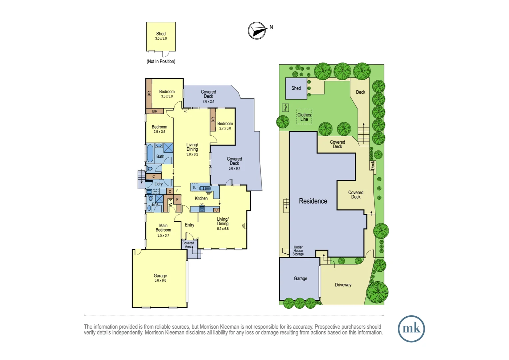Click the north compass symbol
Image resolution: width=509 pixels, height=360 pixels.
pyautogui.click(x=257, y=31)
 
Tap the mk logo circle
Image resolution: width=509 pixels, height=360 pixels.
pyautogui.click(x=411, y=329)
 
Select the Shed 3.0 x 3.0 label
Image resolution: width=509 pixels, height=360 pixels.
pyautogui.click(x=161, y=36)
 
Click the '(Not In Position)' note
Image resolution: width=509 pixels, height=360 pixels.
pyautogui.click(x=161, y=61)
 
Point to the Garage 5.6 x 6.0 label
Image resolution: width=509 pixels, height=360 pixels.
pyautogui.click(x=160, y=278)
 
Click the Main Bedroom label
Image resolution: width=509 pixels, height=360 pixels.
pyautogui.click(x=163, y=230)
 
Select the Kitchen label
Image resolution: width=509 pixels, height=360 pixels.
pyautogui.click(x=201, y=198)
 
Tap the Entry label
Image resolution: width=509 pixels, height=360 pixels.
pyautogui.click(x=190, y=225)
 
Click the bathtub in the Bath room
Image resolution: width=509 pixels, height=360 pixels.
pyautogui.click(x=150, y=153)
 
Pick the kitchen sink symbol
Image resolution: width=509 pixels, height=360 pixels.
pyautogui.click(x=205, y=188)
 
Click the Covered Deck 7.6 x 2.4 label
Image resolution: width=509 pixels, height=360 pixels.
pyautogui.click(x=209, y=96)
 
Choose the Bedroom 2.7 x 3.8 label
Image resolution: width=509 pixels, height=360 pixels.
pyautogui.click(x=225, y=126)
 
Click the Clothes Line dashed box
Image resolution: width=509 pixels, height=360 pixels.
pyautogui.click(x=304, y=117)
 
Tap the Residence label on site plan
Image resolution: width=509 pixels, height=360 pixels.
pyautogui.click(x=313, y=201)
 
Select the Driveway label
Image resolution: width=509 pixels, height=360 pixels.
pyautogui.click(x=343, y=285)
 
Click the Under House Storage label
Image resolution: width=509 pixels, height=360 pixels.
pyautogui.click(x=298, y=251)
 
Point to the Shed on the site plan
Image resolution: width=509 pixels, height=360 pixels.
pyautogui.click(x=296, y=88)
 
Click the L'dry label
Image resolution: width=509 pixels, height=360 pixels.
pyautogui.click(x=159, y=184)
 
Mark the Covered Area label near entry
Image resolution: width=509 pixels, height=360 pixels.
pyautogui.click(x=188, y=245)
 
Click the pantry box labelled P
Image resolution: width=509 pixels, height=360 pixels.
pyautogui.click(x=177, y=199)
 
